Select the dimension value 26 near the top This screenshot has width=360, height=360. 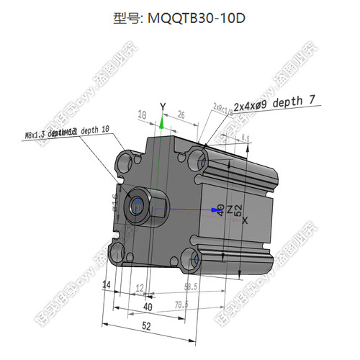pyautogui.click(x=181, y=114)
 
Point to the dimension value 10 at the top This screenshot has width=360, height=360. pyautogui.click(x=142, y=114)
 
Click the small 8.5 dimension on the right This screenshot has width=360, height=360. pyautogui.click(x=246, y=138)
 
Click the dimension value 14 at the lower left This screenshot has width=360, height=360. pyautogui.click(x=107, y=285)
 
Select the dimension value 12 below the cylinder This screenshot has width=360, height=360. pyautogui.click(x=140, y=287)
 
